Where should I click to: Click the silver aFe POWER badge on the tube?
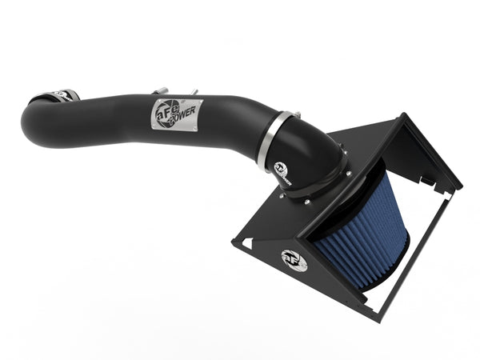click(177, 114)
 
